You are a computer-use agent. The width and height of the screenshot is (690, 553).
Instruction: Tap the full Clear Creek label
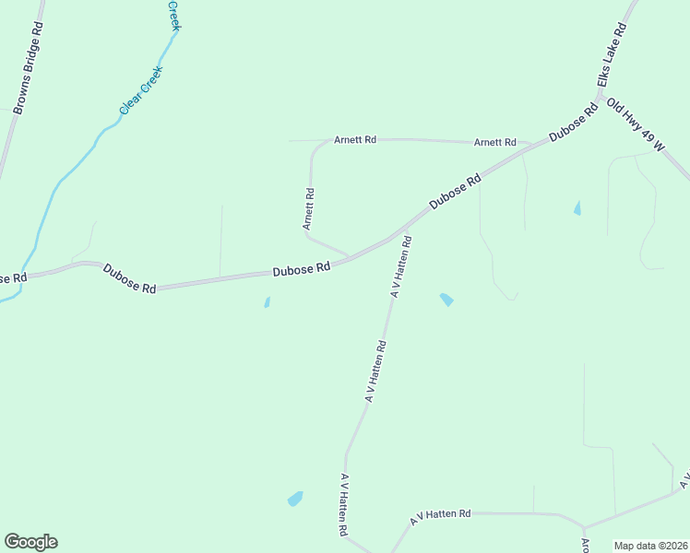[x=141, y=90]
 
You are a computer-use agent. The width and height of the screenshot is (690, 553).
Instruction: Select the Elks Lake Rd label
[x=612, y=56]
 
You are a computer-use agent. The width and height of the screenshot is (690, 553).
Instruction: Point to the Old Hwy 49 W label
[x=636, y=125]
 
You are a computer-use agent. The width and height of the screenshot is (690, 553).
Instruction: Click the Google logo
[x=30, y=542]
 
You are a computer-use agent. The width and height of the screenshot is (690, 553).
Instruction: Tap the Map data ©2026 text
[x=651, y=546]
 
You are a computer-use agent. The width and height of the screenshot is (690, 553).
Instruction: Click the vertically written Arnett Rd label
[x=310, y=209]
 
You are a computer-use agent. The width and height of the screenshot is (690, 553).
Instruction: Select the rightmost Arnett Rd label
[x=494, y=143]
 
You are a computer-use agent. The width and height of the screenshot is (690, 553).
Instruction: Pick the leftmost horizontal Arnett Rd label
[x=355, y=140]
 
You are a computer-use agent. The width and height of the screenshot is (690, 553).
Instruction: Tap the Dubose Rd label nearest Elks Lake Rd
[x=574, y=122]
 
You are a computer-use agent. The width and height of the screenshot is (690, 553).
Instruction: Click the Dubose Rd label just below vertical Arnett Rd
[x=302, y=270]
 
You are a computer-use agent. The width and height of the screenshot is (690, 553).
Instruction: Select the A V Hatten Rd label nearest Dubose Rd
[x=401, y=265]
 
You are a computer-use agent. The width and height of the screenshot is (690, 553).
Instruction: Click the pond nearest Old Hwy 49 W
[x=577, y=209]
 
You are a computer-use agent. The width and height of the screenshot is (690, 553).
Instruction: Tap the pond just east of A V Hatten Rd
[x=446, y=300]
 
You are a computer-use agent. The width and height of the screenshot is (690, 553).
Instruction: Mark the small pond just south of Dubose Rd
[x=267, y=302]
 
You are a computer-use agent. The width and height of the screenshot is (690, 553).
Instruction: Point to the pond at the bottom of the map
[x=295, y=499]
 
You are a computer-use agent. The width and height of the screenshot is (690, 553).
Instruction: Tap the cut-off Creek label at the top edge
[x=173, y=15]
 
